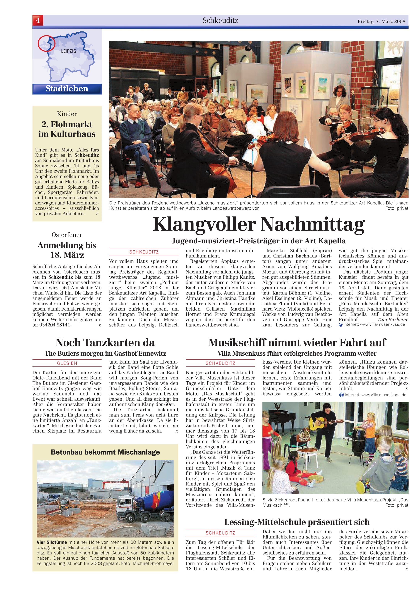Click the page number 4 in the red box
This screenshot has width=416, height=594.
38,20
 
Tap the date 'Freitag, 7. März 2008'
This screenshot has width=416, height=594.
381,21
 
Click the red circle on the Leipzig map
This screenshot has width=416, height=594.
46,43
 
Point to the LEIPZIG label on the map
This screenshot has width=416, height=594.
69,51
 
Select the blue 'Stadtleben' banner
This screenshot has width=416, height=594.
67,89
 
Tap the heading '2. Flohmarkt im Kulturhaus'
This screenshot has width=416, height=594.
67,129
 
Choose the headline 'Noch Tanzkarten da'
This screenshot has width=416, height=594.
105,343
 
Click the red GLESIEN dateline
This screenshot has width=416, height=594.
67,363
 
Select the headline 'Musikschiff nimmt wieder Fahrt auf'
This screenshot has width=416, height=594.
297,343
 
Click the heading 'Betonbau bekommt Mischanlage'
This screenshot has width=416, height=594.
105,452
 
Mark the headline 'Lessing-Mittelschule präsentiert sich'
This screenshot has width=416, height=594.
297,522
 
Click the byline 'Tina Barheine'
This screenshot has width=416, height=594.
393,320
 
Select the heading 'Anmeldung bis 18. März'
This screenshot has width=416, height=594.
67,250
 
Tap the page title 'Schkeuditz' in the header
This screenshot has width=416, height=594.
220,20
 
